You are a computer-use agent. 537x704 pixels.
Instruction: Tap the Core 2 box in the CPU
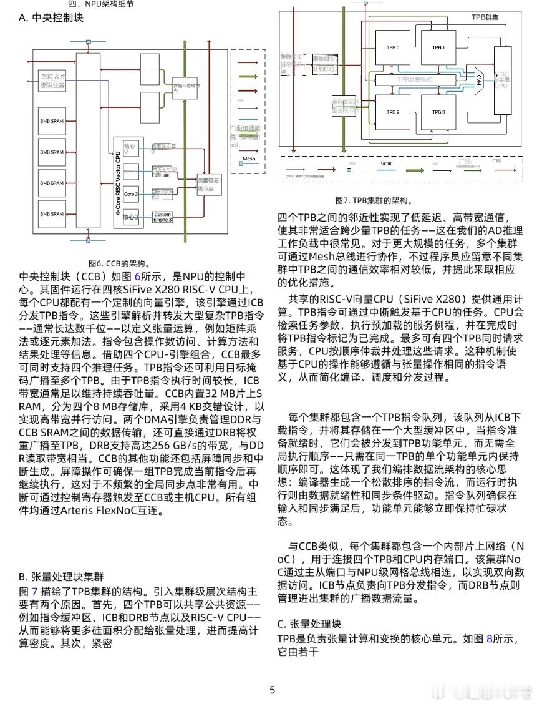tap(130, 195)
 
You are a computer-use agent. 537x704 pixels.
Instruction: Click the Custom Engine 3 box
tap(163, 217)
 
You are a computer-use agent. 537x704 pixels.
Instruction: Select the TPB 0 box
tap(393, 47)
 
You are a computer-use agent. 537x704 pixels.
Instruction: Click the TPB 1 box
tap(438, 47)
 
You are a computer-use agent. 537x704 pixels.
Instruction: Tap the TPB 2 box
tap(393, 112)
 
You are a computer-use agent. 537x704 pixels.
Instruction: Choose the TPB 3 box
tap(438, 112)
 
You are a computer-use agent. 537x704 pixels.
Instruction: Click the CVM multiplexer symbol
tap(478, 81)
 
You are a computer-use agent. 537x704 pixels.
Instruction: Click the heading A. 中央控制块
tap(51, 18)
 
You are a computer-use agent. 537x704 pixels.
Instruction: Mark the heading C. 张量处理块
tap(310, 623)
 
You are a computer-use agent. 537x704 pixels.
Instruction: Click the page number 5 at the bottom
tap(272, 690)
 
